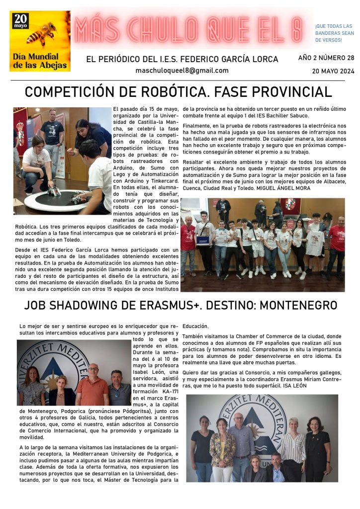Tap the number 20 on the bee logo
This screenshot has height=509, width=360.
(x=21, y=20)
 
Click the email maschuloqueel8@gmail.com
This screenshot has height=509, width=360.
(x=182, y=71)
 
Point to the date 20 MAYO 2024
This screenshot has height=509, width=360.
(x=333, y=71)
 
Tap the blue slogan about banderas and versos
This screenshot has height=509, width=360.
(x=334, y=33)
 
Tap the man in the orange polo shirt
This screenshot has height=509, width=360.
(x=92, y=383)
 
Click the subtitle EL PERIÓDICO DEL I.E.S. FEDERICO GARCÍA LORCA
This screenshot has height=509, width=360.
(x=182, y=59)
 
